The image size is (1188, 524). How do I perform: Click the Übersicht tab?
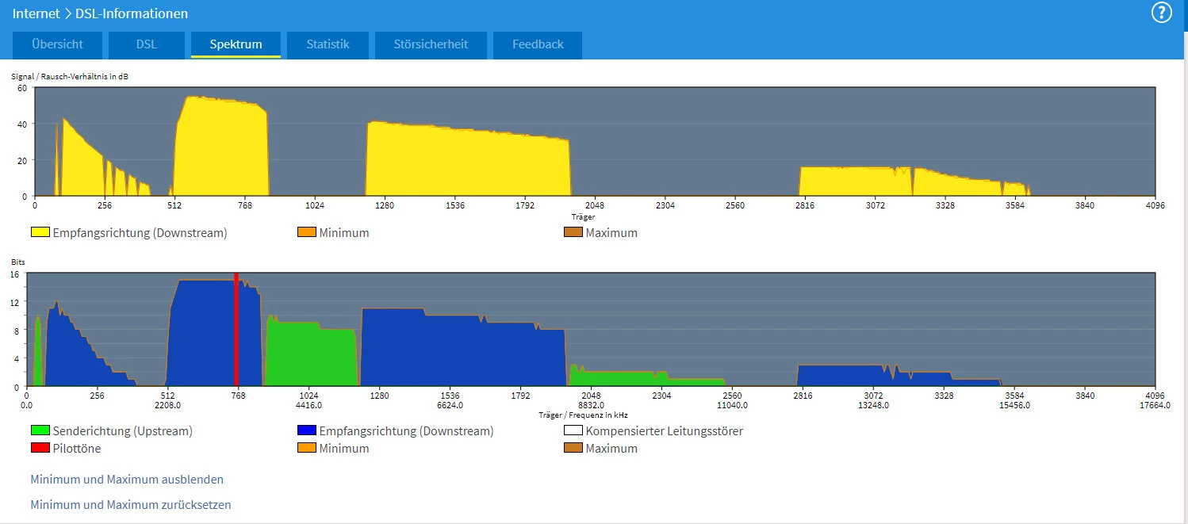pyautogui.click(x=58, y=44)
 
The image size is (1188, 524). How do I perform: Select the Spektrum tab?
pyautogui.click(x=236, y=44)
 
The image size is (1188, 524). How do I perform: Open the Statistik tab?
pyautogui.click(x=328, y=44)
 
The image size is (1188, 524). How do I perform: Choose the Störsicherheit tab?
pyautogui.click(x=431, y=44)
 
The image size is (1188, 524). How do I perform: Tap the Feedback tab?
pyautogui.click(x=538, y=44)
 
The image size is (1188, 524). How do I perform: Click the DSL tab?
pyautogui.click(x=146, y=44)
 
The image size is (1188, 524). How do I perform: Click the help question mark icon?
pyautogui.click(x=1161, y=13)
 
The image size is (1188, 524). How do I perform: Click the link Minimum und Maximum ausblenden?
pyautogui.click(x=127, y=480)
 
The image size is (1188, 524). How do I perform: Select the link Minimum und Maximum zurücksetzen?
pyautogui.click(x=131, y=505)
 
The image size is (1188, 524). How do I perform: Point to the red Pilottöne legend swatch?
pyautogui.click(x=40, y=449)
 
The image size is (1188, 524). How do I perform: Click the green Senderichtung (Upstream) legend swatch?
pyautogui.click(x=40, y=431)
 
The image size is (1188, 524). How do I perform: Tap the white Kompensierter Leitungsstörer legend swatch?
pyautogui.click(x=573, y=431)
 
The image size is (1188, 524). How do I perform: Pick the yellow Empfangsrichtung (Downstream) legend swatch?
pyautogui.click(x=40, y=233)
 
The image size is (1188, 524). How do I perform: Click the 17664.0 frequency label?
pyautogui.click(x=1154, y=405)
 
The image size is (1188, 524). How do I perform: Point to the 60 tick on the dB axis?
pyautogui.click(x=22, y=88)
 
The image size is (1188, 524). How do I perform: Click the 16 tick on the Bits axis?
pyautogui.click(x=14, y=273)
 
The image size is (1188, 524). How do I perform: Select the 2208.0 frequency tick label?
pyautogui.click(x=167, y=405)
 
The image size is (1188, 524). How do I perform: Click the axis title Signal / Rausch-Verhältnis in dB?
pyautogui.click(x=69, y=77)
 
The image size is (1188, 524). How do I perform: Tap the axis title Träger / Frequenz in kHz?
pyautogui.click(x=583, y=415)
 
